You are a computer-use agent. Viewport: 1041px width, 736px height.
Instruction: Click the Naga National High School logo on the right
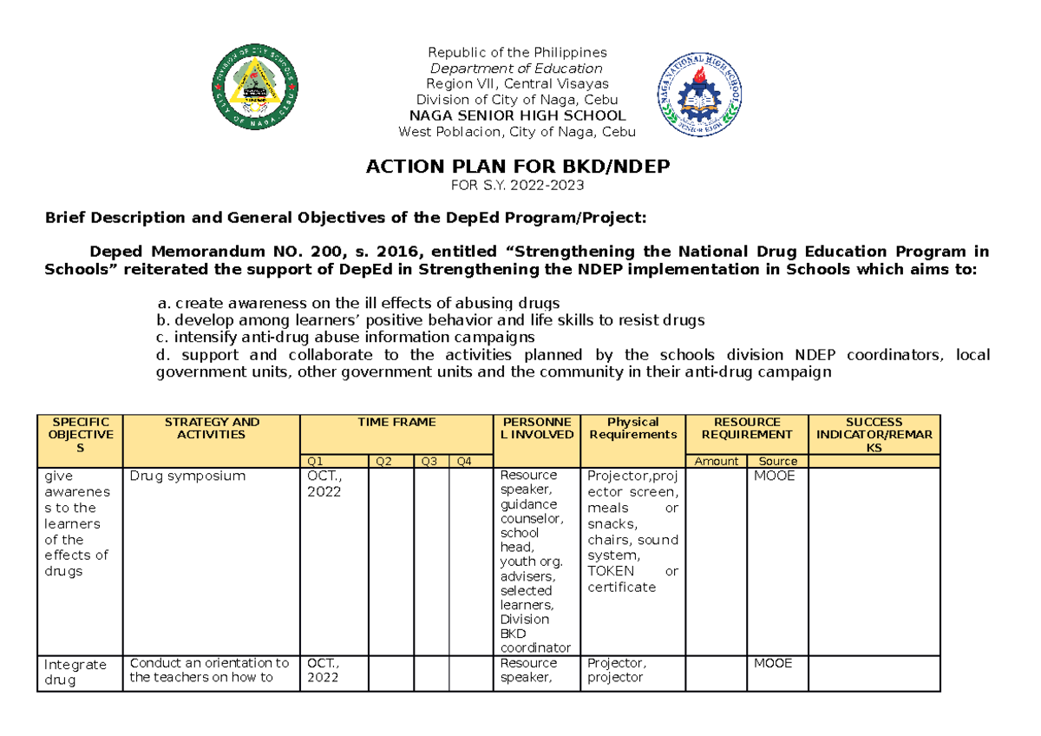coord(698,94)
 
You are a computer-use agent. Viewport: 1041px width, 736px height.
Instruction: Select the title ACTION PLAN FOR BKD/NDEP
coord(518,167)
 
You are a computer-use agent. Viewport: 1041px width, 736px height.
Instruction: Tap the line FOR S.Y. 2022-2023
coord(517,186)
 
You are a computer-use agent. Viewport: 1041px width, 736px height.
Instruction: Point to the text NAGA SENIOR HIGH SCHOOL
coord(517,115)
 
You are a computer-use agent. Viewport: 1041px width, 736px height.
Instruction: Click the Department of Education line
coord(517,69)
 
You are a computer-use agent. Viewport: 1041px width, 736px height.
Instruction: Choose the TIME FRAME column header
coord(396,423)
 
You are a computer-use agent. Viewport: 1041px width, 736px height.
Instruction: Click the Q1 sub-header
coord(334,461)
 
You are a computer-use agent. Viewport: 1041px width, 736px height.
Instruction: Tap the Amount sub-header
coord(717,461)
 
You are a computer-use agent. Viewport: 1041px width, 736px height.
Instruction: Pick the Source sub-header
coord(777,461)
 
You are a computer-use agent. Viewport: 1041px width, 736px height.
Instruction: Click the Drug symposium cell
coord(187,476)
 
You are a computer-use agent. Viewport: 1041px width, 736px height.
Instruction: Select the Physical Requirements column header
coord(632,428)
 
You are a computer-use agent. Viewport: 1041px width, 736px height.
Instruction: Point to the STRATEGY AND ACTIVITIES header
coord(211,428)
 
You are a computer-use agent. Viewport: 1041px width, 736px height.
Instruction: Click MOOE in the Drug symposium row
coord(775,476)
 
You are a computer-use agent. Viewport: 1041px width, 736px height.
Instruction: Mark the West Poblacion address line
coord(517,132)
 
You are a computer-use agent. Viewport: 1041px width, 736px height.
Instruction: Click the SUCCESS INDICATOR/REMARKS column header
coord(874,434)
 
